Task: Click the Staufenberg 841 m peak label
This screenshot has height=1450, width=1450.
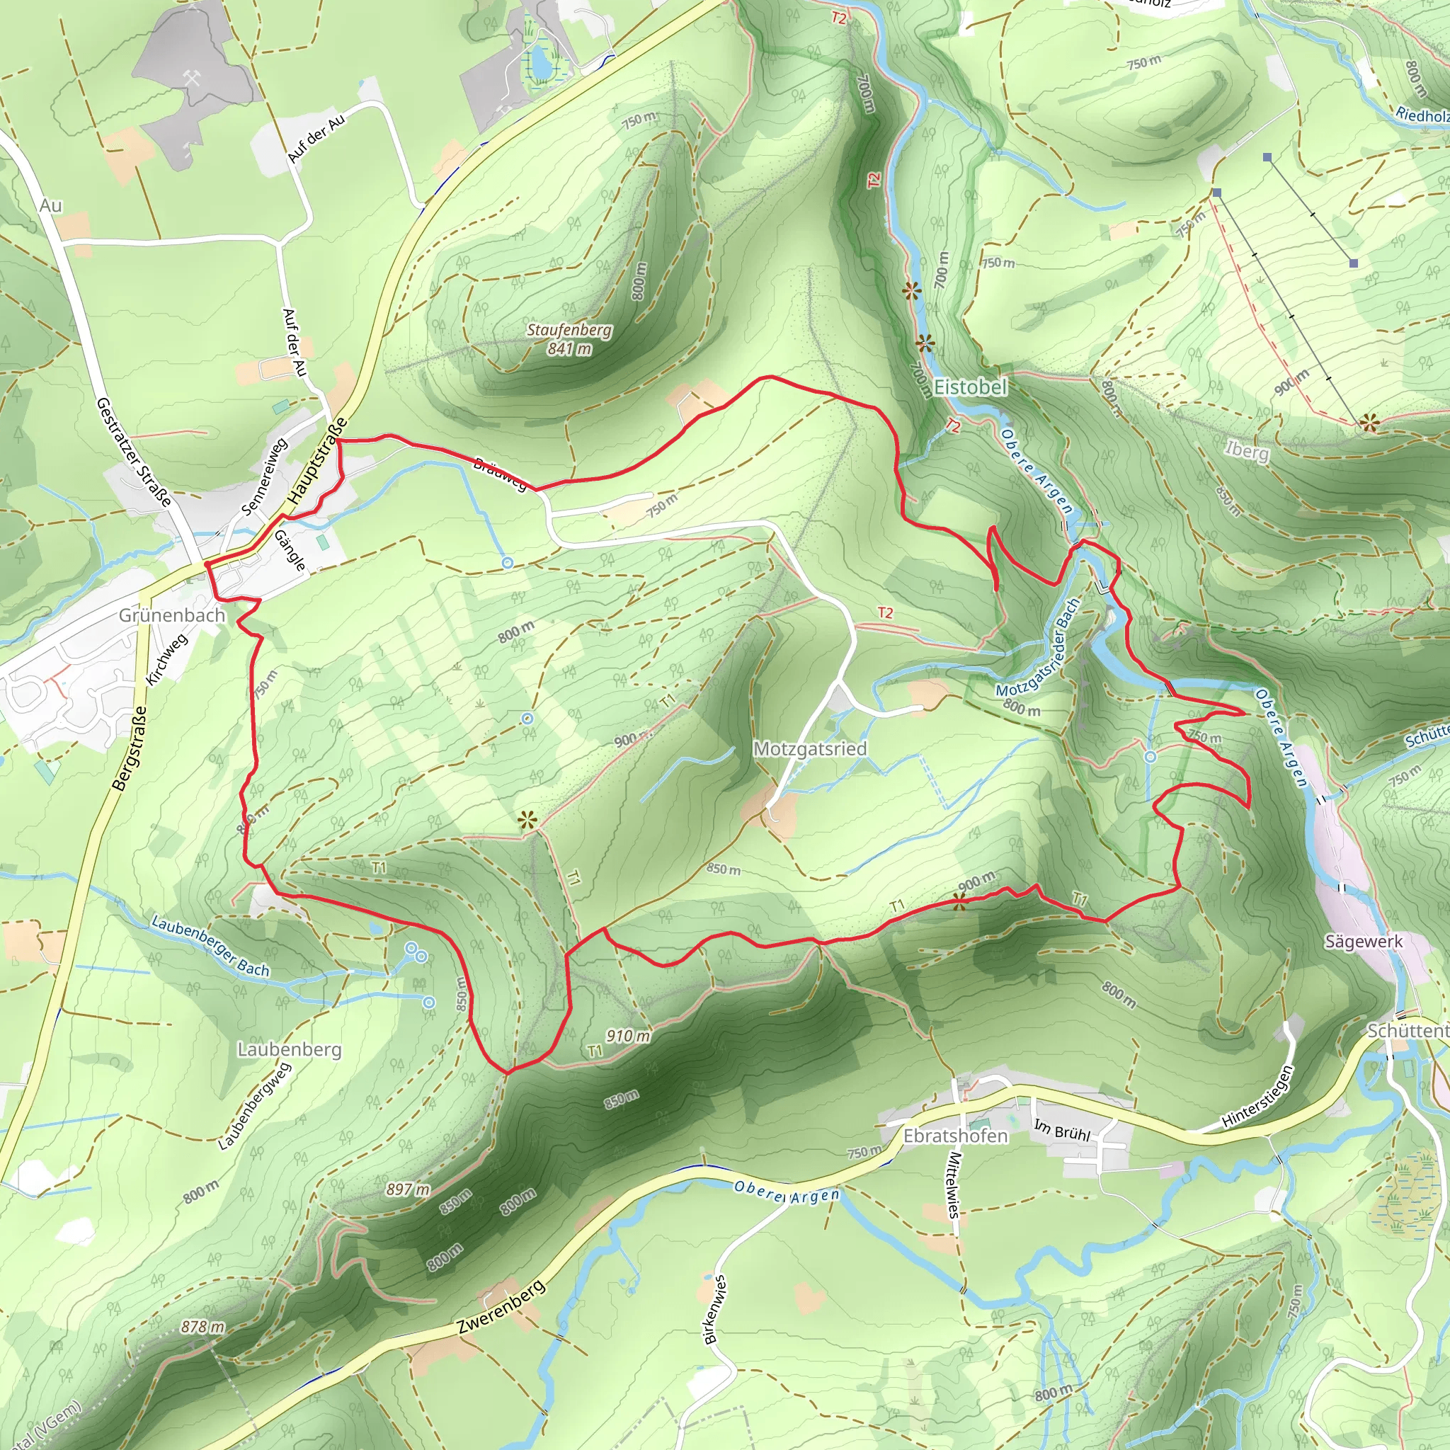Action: point(569,339)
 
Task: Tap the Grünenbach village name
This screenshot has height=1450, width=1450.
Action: point(172,615)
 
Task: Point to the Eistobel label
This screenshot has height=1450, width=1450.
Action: point(971,387)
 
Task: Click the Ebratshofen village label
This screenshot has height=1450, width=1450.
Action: point(955,1136)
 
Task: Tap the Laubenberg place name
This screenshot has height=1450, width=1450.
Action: point(289,1049)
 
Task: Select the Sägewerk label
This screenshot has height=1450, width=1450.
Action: point(1363,941)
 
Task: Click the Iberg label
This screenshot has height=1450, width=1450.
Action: point(1248,450)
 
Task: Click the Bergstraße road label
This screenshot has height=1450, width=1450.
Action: point(130,748)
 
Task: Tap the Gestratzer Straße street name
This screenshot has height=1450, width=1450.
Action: point(135,452)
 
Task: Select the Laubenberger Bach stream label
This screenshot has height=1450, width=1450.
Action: point(210,946)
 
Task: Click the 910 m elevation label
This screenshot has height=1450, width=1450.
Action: point(627,1037)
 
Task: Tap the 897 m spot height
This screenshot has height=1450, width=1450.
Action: point(409,1189)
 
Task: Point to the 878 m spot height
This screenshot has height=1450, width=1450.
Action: point(202,1327)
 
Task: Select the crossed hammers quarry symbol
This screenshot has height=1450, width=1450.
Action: point(191,77)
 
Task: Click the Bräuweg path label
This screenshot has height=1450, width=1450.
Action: point(501,474)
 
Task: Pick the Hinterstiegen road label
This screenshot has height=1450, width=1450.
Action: point(1258,1097)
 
